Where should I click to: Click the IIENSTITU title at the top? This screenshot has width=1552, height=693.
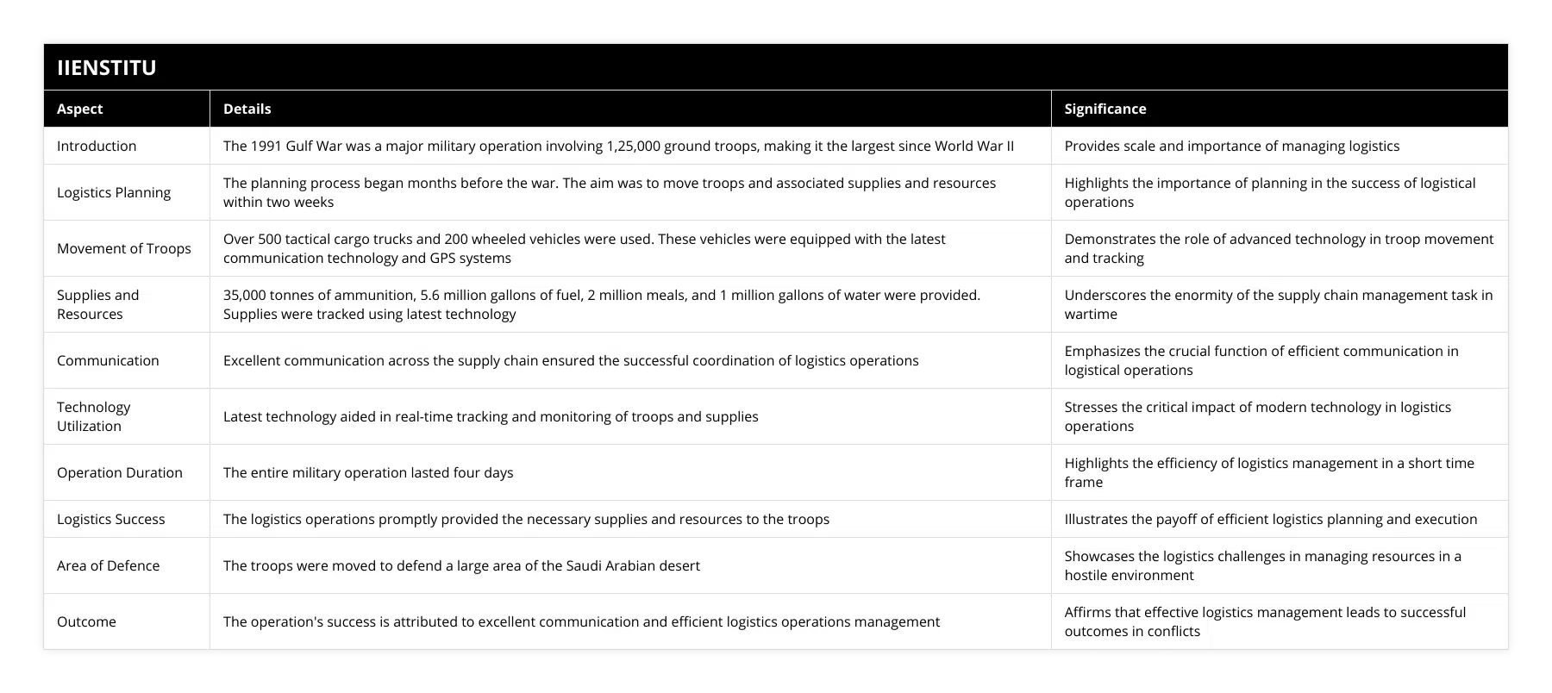[x=106, y=67]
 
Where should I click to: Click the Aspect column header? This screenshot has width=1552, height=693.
[x=79, y=109]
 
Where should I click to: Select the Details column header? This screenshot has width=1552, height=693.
[x=247, y=109]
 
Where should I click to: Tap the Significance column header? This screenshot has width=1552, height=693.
[x=1105, y=109]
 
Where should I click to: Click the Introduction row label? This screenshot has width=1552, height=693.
[x=97, y=146]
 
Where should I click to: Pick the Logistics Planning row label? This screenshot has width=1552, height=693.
[x=114, y=192]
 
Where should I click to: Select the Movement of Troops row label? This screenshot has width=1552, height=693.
[x=124, y=248]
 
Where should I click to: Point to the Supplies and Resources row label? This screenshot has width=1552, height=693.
[x=97, y=304]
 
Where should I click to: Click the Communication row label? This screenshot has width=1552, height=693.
[x=108, y=360]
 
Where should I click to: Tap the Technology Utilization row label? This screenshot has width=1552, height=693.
[x=93, y=416]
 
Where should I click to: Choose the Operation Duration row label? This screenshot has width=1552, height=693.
[x=120, y=472]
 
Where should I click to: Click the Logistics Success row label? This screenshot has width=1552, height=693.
[x=110, y=519]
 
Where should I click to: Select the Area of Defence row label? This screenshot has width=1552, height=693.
[x=108, y=565]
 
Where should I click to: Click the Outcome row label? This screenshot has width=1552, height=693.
[x=86, y=621]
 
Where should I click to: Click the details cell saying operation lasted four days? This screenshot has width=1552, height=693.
[x=368, y=472]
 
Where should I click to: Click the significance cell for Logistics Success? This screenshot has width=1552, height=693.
[x=1270, y=519]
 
